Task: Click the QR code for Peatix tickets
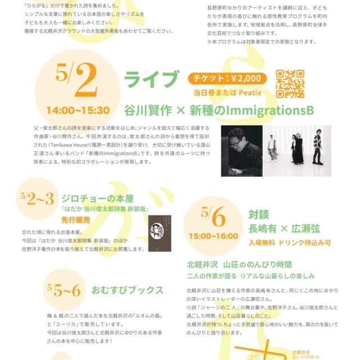point(290,83)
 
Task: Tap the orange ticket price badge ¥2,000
point(227,78)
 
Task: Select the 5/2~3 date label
point(37,198)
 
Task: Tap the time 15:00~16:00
point(213,236)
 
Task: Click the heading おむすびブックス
point(128,290)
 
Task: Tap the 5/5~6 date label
point(64,290)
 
